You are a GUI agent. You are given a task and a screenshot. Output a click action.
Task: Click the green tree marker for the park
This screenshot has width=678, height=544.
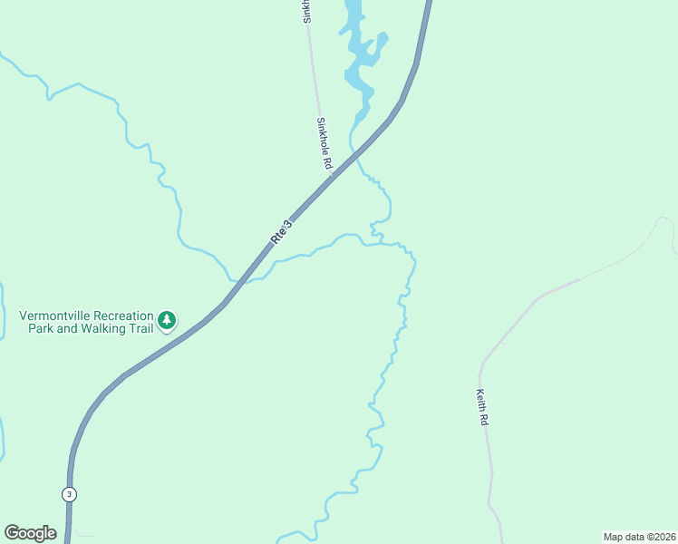point(166,320)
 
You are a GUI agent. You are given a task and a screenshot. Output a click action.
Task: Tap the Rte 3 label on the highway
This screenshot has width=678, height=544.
point(282,231)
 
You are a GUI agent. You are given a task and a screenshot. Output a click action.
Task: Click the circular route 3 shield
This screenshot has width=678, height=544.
point(70,494)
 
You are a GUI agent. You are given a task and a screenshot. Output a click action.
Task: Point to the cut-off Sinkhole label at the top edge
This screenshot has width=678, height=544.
point(307,11)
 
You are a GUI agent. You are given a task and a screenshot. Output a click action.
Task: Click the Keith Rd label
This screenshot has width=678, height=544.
point(482,408)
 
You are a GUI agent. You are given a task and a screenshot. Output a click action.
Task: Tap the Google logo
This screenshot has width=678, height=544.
point(30,532)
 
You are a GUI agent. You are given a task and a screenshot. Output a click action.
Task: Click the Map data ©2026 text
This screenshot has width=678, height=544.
point(639,536)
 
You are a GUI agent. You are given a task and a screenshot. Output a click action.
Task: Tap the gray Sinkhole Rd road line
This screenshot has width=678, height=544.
point(315,82)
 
